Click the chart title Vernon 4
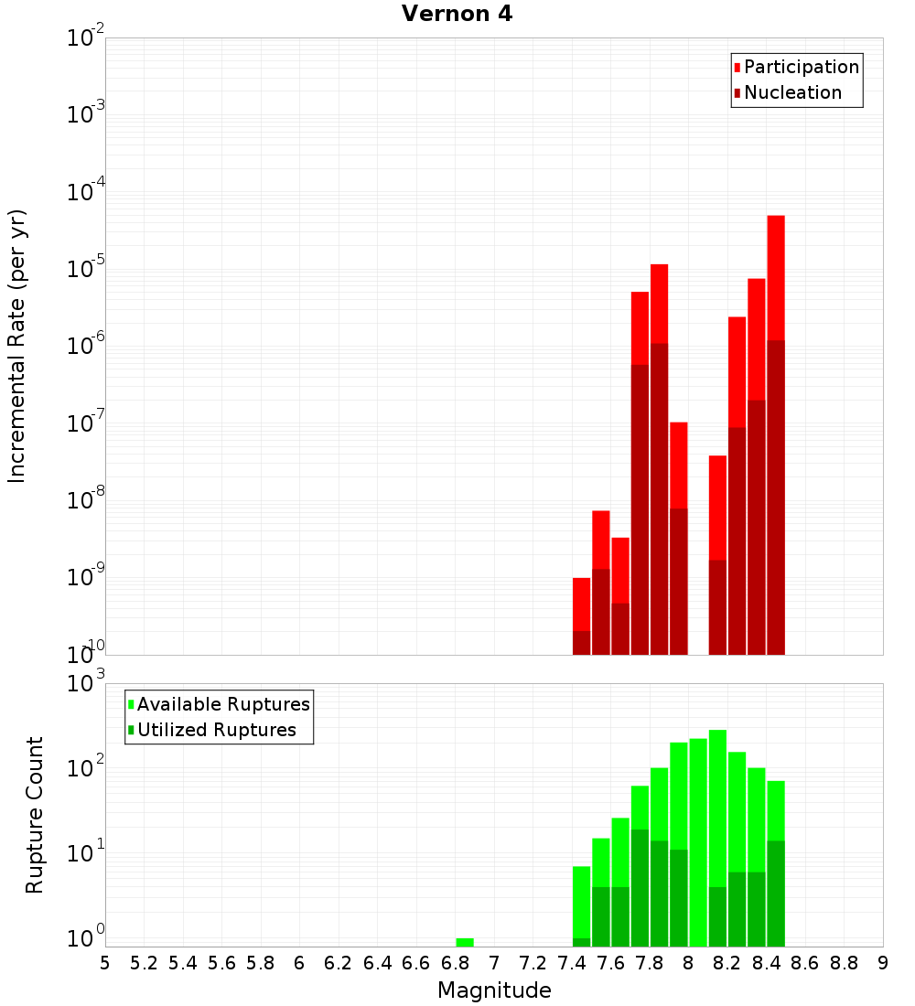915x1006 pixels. coord(457,14)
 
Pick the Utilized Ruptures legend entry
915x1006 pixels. coord(216,730)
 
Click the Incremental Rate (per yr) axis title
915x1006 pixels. coord(17,346)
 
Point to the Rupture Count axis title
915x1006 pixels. coord(35,815)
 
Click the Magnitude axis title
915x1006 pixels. coord(494,990)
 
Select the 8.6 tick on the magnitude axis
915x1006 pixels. coord(805,963)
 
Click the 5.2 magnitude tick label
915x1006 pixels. coord(144,963)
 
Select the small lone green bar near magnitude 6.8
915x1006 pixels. coord(465,942)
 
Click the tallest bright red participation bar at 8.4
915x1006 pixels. coord(776,274)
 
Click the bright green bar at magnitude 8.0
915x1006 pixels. coord(698,841)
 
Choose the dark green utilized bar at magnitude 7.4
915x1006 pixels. coord(581,942)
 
